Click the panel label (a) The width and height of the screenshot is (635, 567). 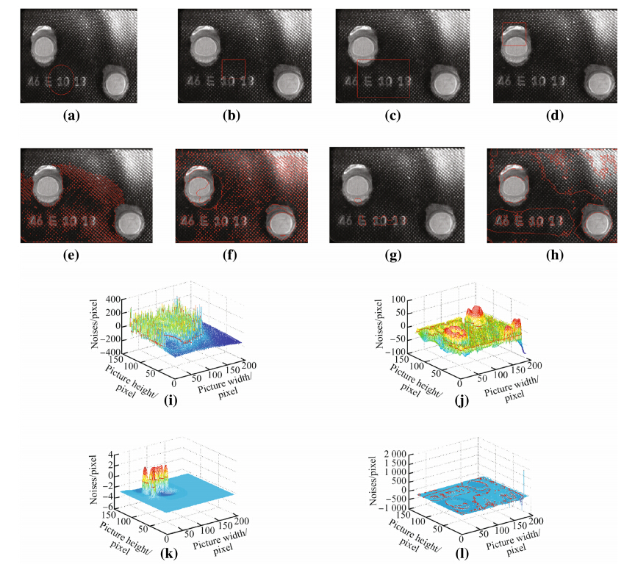pos(71,115)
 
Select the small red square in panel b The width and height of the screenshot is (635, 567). pos(233,72)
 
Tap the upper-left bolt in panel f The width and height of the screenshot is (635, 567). pos(199,187)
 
